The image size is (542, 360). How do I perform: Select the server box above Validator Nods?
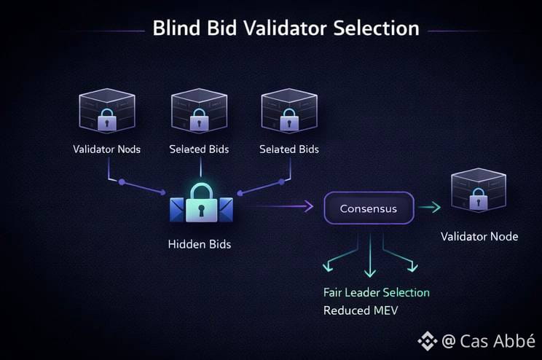(107, 111)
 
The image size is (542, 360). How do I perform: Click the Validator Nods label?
(107, 149)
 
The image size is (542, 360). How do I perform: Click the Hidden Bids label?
(199, 244)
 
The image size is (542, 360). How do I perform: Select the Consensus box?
(369, 208)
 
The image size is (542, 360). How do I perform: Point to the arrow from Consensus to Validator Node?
(430, 208)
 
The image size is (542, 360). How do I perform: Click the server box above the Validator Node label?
(479, 191)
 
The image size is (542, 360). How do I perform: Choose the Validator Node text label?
(479, 237)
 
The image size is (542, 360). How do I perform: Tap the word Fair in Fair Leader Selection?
(333, 292)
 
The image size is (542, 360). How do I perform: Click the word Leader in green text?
(364, 292)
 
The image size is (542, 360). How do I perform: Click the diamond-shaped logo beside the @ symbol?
(427, 340)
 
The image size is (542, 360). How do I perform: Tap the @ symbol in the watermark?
(449, 340)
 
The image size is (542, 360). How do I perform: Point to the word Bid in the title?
(228, 28)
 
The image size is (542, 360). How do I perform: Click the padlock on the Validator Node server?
(478, 197)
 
